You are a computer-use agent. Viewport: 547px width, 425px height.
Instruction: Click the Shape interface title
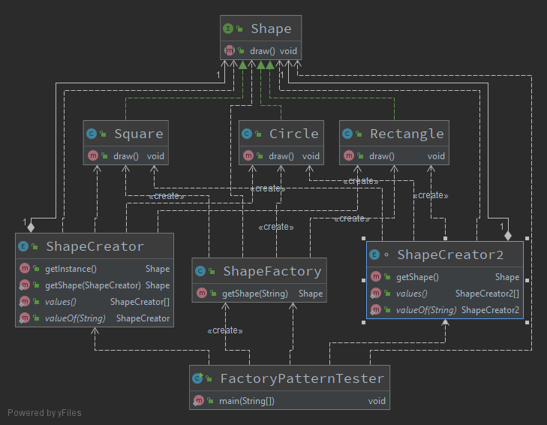coord(271,29)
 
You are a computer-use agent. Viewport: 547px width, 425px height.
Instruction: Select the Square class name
coord(138,134)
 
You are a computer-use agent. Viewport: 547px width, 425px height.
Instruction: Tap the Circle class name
coord(293,134)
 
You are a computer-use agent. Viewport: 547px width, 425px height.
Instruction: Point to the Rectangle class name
coord(407,134)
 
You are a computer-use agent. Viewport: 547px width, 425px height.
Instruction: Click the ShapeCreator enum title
coord(95,246)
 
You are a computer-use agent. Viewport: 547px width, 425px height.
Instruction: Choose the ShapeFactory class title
coord(272,271)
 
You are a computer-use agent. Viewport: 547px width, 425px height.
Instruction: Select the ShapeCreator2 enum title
coord(450,255)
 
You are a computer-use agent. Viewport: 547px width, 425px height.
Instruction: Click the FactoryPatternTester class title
coord(302,378)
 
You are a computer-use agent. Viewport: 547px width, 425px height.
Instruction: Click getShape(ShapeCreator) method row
coord(92,285)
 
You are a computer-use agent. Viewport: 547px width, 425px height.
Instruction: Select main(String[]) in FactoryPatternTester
coord(246,401)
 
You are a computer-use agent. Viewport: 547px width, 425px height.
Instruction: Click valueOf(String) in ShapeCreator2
coord(425,310)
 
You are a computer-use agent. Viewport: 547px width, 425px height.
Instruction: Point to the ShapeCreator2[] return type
coord(487,294)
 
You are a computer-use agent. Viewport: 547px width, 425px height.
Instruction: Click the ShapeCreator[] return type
coord(140,302)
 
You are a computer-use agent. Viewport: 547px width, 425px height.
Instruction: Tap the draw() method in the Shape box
coord(262,51)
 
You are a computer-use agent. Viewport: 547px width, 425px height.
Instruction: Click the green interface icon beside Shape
coord(227,29)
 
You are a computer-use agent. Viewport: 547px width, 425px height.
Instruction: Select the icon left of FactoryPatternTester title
coord(198,379)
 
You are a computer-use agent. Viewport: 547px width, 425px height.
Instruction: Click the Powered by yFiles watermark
coord(44,412)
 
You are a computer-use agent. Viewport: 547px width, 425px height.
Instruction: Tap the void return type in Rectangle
coord(436,156)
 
